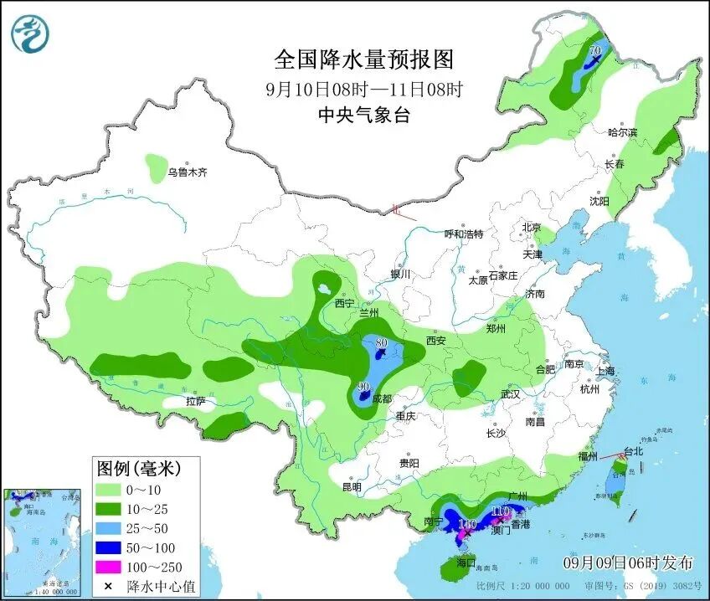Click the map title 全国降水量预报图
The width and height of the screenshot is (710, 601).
(x=364, y=59)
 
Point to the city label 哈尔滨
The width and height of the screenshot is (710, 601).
(x=622, y=132)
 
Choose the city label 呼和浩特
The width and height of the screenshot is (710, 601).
(x=463, y=234)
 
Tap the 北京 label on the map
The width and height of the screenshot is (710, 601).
(x=532, y=228)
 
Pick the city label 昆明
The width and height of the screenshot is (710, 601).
(x=352, y=487)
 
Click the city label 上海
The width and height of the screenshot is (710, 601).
(x=605, y=371)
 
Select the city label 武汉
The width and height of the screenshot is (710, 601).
(x=510, y=393)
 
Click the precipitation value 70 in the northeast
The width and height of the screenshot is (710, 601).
(x=595, y=52)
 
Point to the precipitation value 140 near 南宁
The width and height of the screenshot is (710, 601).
(x=467, y=524)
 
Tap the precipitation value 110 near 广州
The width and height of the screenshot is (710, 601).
(x=501, y=511)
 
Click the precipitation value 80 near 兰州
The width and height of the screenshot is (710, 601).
(x=382, y=342)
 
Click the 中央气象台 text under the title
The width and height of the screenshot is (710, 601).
(x=364, y=116)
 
